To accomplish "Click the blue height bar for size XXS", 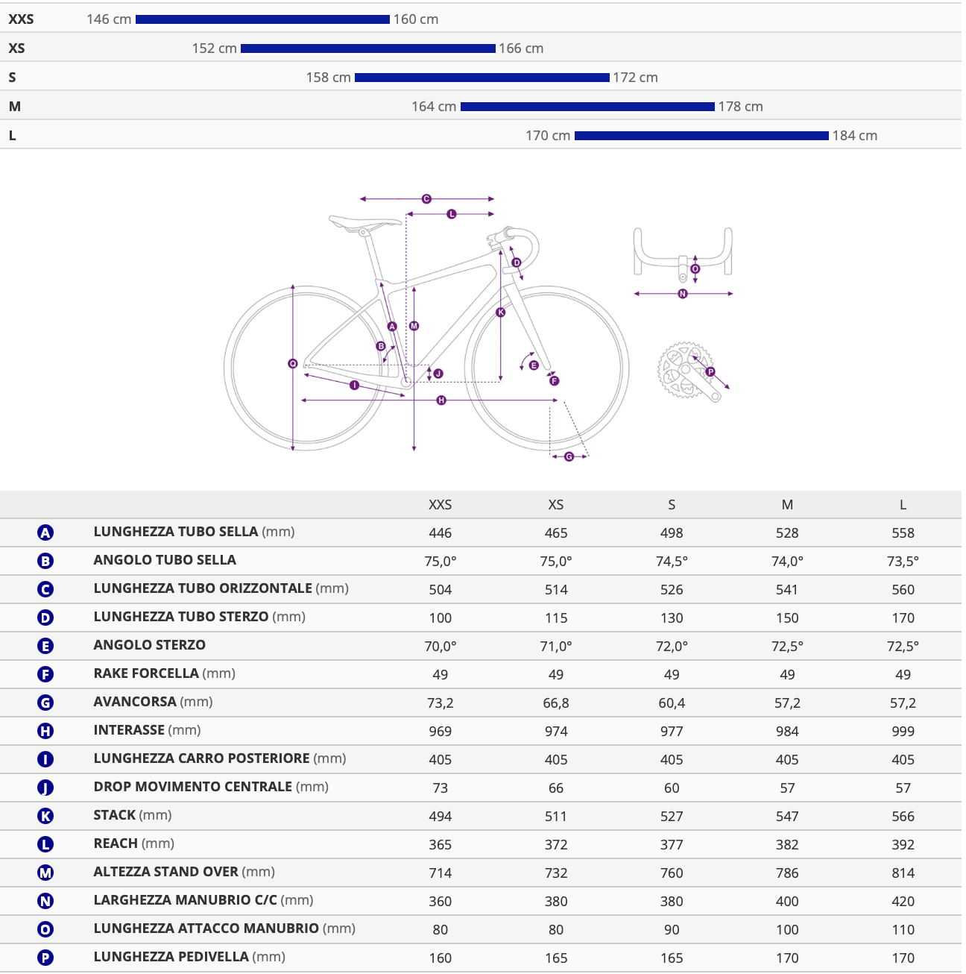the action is (262, 19).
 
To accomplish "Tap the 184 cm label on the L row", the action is (854, 136).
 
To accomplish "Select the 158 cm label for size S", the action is (328, 78).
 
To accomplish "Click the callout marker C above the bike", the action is (426, 198).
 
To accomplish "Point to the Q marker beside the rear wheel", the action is (292, 363).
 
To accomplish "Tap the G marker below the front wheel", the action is (569, 456).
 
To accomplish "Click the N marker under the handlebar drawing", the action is (683, 293).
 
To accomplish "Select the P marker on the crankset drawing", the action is (710, 371).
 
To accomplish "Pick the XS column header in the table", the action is (555, 504).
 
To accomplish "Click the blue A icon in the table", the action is (45, 532).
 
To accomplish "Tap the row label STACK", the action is (115, 815).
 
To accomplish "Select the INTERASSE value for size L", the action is (903, 731).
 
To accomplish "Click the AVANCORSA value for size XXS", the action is (440, 703).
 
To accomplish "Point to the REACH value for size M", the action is (786, 844).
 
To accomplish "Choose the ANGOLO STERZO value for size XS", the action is (556, 646).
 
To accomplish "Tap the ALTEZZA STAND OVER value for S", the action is (672, 873).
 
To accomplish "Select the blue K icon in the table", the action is (45, 815).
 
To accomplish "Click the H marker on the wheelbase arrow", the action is (441, 400).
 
